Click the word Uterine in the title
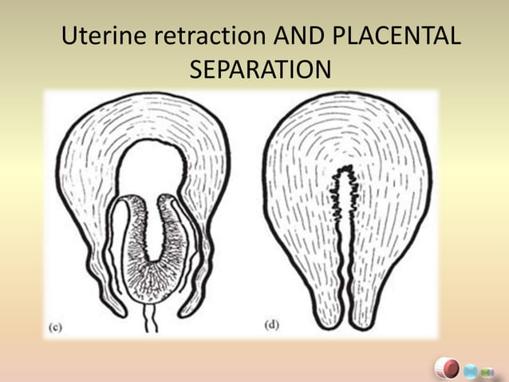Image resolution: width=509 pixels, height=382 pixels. tap(104, 35)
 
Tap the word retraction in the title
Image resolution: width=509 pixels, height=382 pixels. tap(210, 35)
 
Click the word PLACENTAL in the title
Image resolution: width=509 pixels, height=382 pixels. tap(397, 35)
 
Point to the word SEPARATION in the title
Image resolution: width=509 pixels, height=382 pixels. tap(260, 70)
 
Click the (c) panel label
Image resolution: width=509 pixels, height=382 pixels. tap(56, 328)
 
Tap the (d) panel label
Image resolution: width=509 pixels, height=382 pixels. tap(272, 324)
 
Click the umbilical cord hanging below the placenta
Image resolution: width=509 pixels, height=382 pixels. tap(151, 318)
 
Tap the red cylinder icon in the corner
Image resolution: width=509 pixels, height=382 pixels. tap(447, 368)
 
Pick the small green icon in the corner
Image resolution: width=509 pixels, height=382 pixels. tap(487, 372)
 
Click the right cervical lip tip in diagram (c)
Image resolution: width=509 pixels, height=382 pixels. tap(182, 314)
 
